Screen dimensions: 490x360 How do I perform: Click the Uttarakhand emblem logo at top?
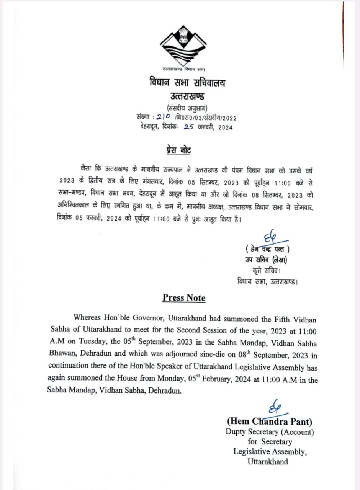click(183, 46)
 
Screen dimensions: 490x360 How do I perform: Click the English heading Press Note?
click(184, 298)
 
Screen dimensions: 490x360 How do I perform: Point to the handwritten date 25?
click(188, 127)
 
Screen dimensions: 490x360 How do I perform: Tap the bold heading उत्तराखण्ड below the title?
click(187, 96)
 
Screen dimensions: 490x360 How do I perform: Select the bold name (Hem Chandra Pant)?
click(269, 421)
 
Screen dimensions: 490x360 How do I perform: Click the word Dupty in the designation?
click(236, 432)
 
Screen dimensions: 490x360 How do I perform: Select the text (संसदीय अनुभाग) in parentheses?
click(187, 108)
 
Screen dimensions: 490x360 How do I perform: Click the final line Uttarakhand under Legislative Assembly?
click(268, 462)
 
